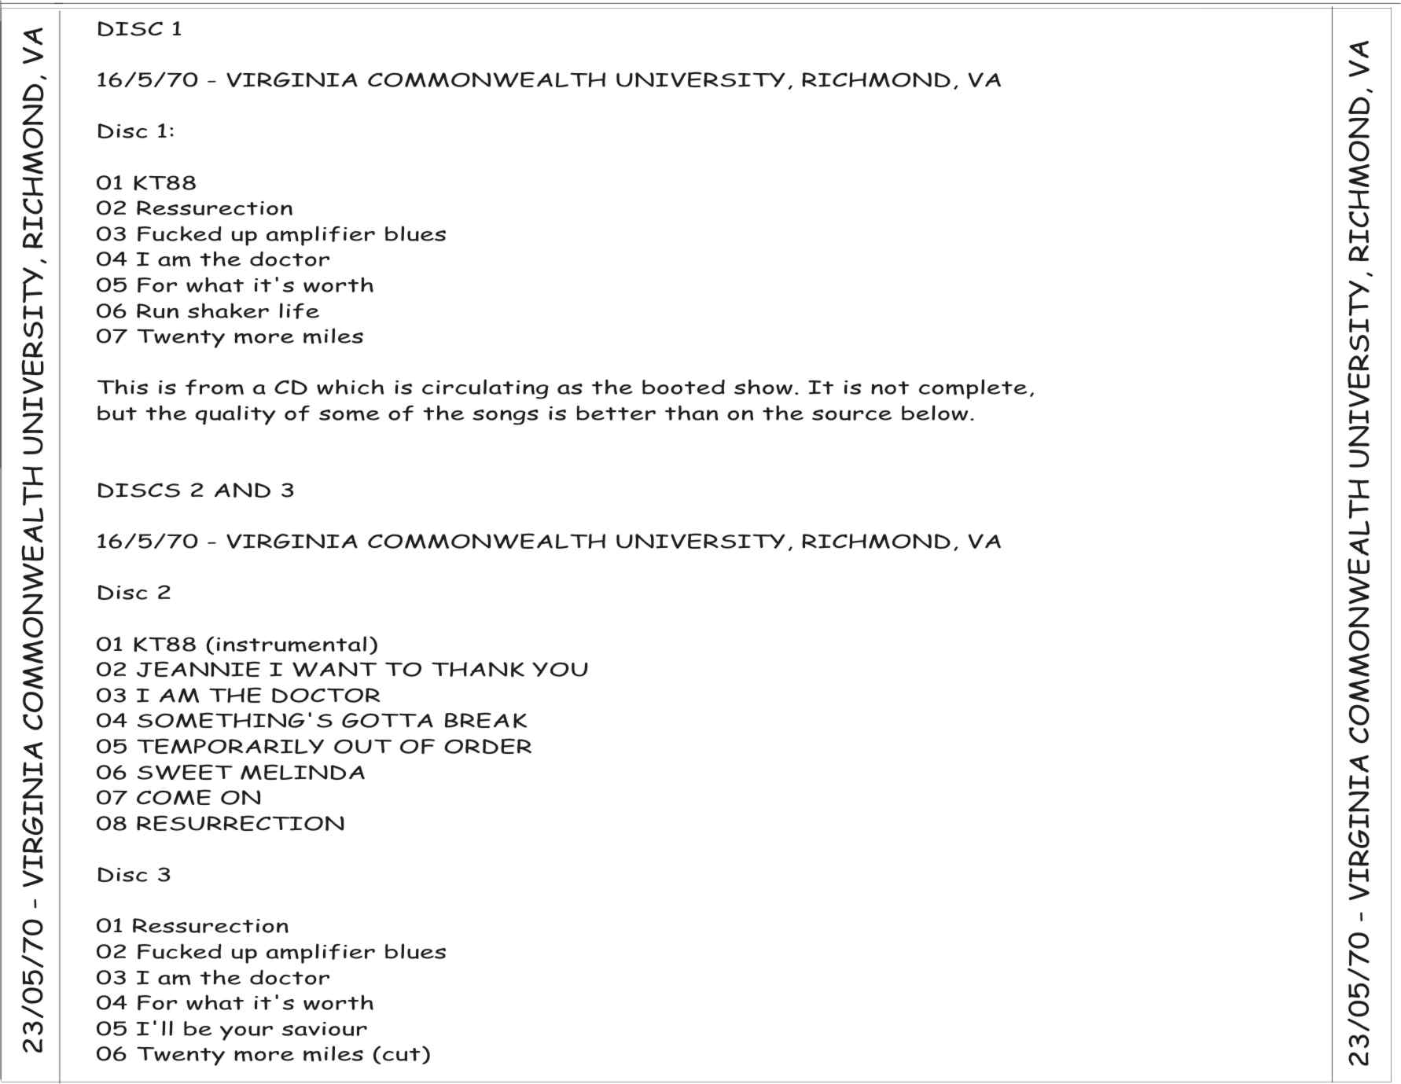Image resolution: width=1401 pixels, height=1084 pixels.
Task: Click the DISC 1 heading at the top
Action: (x=139, y=29)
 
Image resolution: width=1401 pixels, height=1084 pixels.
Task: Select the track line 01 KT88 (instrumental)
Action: (x=237, y=645)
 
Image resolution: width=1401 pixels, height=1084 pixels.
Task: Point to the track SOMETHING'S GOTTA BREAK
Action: (x=311, y=721)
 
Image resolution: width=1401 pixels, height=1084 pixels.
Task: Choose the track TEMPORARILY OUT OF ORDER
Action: (x=314, y=747)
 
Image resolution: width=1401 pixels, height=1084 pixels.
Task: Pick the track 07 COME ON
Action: (x=178, y=798)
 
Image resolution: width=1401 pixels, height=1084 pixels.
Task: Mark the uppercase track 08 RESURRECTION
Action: (x=220, y=824)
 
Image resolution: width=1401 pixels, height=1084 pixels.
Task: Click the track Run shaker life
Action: (x=208, y=311)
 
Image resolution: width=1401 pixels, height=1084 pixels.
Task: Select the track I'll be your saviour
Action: (x=231, y=1029)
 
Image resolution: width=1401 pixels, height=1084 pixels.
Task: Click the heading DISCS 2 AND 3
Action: (x=195, y=491)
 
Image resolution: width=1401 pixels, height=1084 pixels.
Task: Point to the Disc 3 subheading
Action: (x=133, y=875)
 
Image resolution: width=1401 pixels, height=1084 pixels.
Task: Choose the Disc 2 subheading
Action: (x=133, y=593)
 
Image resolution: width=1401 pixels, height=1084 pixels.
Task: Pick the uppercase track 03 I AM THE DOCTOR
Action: (x=237, y=696)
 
